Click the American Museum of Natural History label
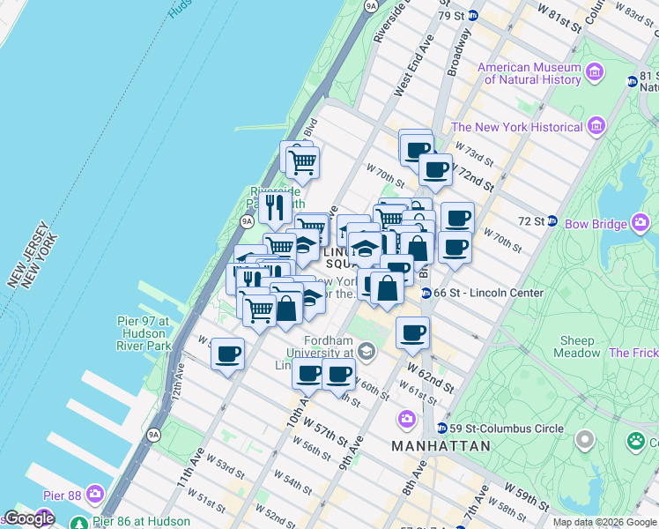coord(529,73)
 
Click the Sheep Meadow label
coord(576,346)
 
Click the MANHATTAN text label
coord(441,446)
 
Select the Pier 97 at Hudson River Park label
coord(143,334)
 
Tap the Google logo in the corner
coord(29,518)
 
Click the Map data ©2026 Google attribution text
coord(604,522)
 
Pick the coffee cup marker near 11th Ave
coord(227,354)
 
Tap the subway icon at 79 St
coord(472,16)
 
